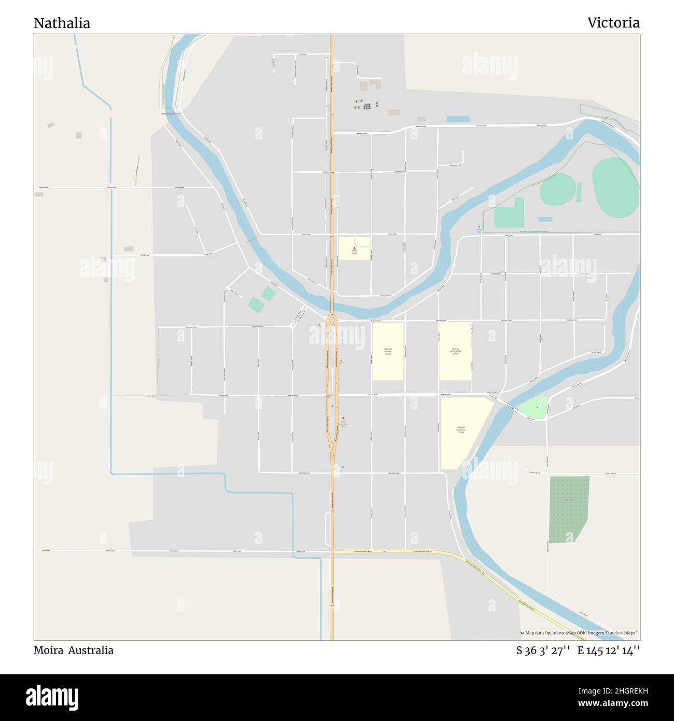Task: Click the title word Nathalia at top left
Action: point(62,23)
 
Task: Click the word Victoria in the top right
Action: point(613,23)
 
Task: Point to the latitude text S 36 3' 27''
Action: point(543,650)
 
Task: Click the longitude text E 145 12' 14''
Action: point(608,650)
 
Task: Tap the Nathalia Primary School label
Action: point(388,351)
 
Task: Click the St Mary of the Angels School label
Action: point(456,351)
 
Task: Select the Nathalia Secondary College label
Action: point(461,429)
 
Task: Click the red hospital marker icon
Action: point(355,249)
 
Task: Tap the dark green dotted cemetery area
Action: point(568,508)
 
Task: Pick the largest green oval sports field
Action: point(616,188)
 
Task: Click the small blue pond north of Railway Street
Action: point(455,119)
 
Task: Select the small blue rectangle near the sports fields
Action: point(545,219)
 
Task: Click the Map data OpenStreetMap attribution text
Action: point(579,633)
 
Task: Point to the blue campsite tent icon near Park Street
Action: point(479,227)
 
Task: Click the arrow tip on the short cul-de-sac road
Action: point(462,152)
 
